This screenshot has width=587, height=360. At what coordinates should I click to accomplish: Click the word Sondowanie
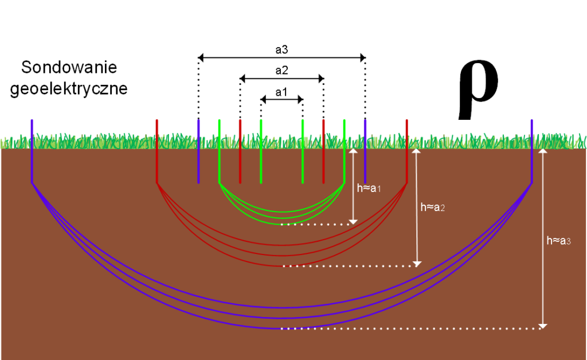click(69, 68)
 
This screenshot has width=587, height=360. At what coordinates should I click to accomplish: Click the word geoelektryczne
click(69, 90)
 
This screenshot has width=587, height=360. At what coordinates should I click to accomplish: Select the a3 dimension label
click(281, 50)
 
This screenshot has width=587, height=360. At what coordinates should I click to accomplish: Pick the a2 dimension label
click(281, 71)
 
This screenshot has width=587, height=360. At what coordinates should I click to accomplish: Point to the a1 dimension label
click(281, 92)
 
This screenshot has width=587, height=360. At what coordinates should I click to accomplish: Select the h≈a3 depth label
click(559, 241)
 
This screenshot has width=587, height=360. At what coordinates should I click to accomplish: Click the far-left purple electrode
click(32, 151)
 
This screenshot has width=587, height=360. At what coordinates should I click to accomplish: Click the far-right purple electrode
click(532, 151)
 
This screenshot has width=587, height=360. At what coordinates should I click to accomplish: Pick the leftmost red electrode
click(157, 151)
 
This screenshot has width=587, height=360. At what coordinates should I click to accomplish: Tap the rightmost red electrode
click(406, 151)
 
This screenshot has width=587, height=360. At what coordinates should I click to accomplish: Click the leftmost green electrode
click(220, 151)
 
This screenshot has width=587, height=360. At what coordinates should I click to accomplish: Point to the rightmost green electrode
click(344, 151)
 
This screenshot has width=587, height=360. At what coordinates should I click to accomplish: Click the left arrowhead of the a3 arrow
click(201, 57)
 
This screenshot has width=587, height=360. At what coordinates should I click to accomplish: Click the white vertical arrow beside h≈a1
click(354, 186)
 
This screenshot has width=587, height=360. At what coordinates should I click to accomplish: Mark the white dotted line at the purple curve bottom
click(413, 328)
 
